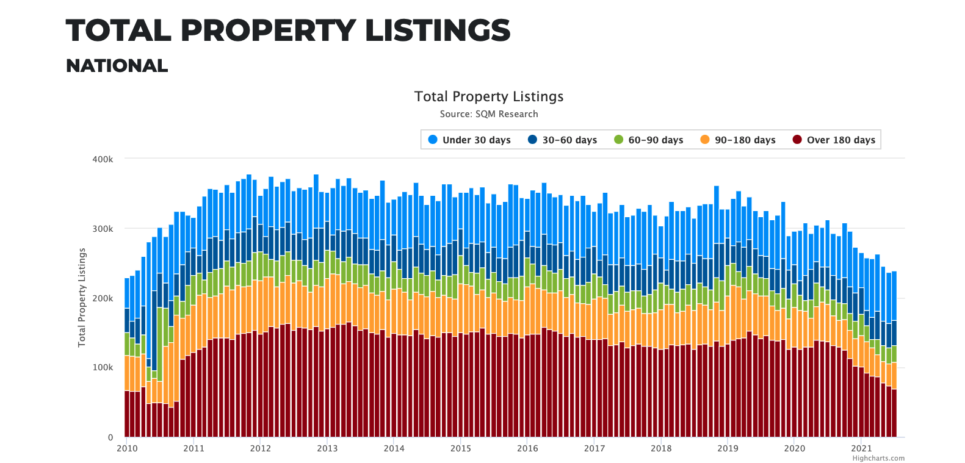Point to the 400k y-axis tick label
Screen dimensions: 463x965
tap(103, 159)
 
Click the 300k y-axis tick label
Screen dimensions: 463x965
tap(103, 229)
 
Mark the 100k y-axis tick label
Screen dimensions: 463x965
tap(103, 368)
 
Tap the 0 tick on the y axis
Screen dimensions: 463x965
tap(110, 437)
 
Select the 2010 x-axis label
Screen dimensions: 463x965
tap(127, 448)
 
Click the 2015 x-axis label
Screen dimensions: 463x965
tap(461, 448)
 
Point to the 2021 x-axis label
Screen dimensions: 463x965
tap(861, 448)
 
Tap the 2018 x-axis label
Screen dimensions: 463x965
tap(661, 448)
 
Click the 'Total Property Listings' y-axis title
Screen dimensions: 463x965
tap(82, 298)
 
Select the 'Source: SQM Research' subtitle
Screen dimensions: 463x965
tap(489, 114)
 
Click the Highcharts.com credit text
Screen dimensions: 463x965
tap(878, 458)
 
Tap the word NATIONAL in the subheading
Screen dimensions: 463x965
tap(117, 66)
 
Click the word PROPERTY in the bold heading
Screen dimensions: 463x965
tap(268, 31)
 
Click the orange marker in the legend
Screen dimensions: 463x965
tap(705, 140)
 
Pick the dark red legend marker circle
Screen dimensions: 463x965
tap(797, 140)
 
